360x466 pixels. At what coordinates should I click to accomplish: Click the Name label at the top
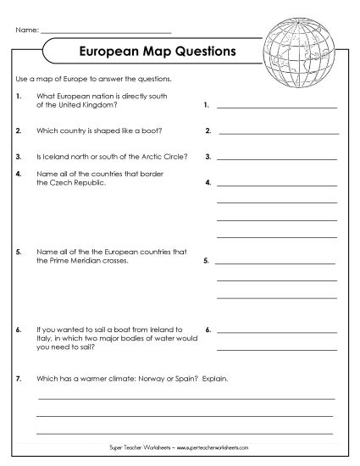point(26,30)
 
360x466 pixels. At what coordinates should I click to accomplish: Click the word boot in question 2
point(126,131)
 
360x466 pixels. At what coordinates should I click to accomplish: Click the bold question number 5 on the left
point(19,252)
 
